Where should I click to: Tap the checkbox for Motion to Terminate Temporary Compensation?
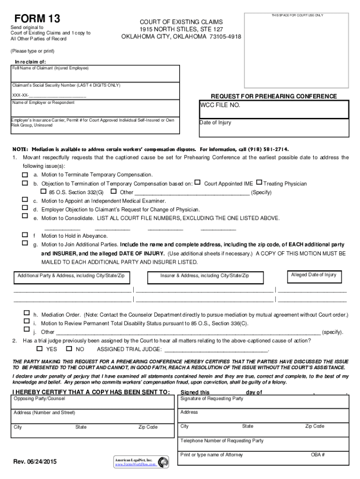click(x=25, y=174)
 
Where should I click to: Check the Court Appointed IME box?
click(x=197, y=182)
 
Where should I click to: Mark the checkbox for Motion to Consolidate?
click(x=25, y=216)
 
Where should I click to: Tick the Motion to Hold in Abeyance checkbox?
click(x=25, y=234)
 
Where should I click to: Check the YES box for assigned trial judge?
click(x=39, y=348)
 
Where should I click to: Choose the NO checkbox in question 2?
click(x=69, y=348)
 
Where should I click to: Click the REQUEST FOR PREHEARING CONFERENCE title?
click(x=274, y=96)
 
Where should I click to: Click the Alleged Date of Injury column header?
click(x=313, y=275)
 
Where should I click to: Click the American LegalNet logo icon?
click(x=163, y=462)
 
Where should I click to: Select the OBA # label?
click(x=317, y=455)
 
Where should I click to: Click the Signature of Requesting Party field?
click(x=264, y=401)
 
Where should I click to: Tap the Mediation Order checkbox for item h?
click(x=26, y=314)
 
